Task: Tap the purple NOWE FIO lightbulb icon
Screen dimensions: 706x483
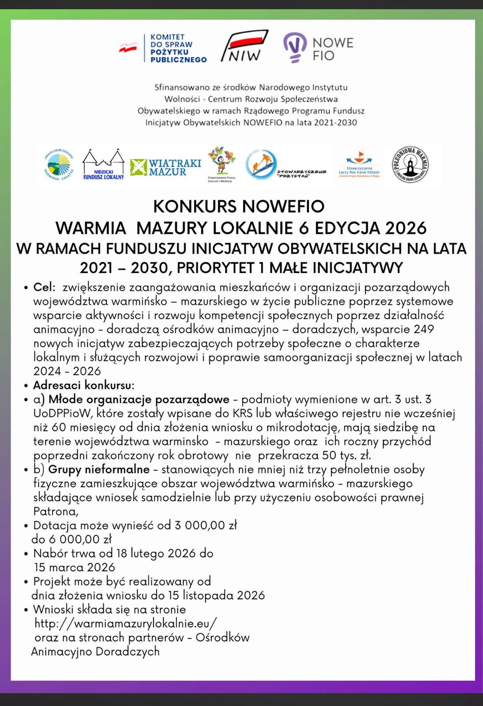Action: coord(295,47)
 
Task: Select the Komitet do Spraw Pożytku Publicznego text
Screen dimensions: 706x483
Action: coord(178,48)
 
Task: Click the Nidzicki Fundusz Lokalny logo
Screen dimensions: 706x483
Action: coord(104,165)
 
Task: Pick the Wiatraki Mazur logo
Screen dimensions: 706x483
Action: coord(166,167)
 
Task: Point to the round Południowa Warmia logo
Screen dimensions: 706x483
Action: coord(410,165)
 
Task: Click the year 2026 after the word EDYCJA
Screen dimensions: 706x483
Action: coord(405,228)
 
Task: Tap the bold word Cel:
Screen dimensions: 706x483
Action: coord(45,287)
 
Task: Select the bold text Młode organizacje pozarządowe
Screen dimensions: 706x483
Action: coord(139,399)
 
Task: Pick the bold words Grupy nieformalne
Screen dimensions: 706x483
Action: coord(99,469)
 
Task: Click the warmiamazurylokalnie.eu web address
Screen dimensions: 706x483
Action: coord(126,623)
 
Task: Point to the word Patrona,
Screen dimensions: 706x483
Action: coord(56,511)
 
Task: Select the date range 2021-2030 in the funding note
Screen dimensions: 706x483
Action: coord(335,122)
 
